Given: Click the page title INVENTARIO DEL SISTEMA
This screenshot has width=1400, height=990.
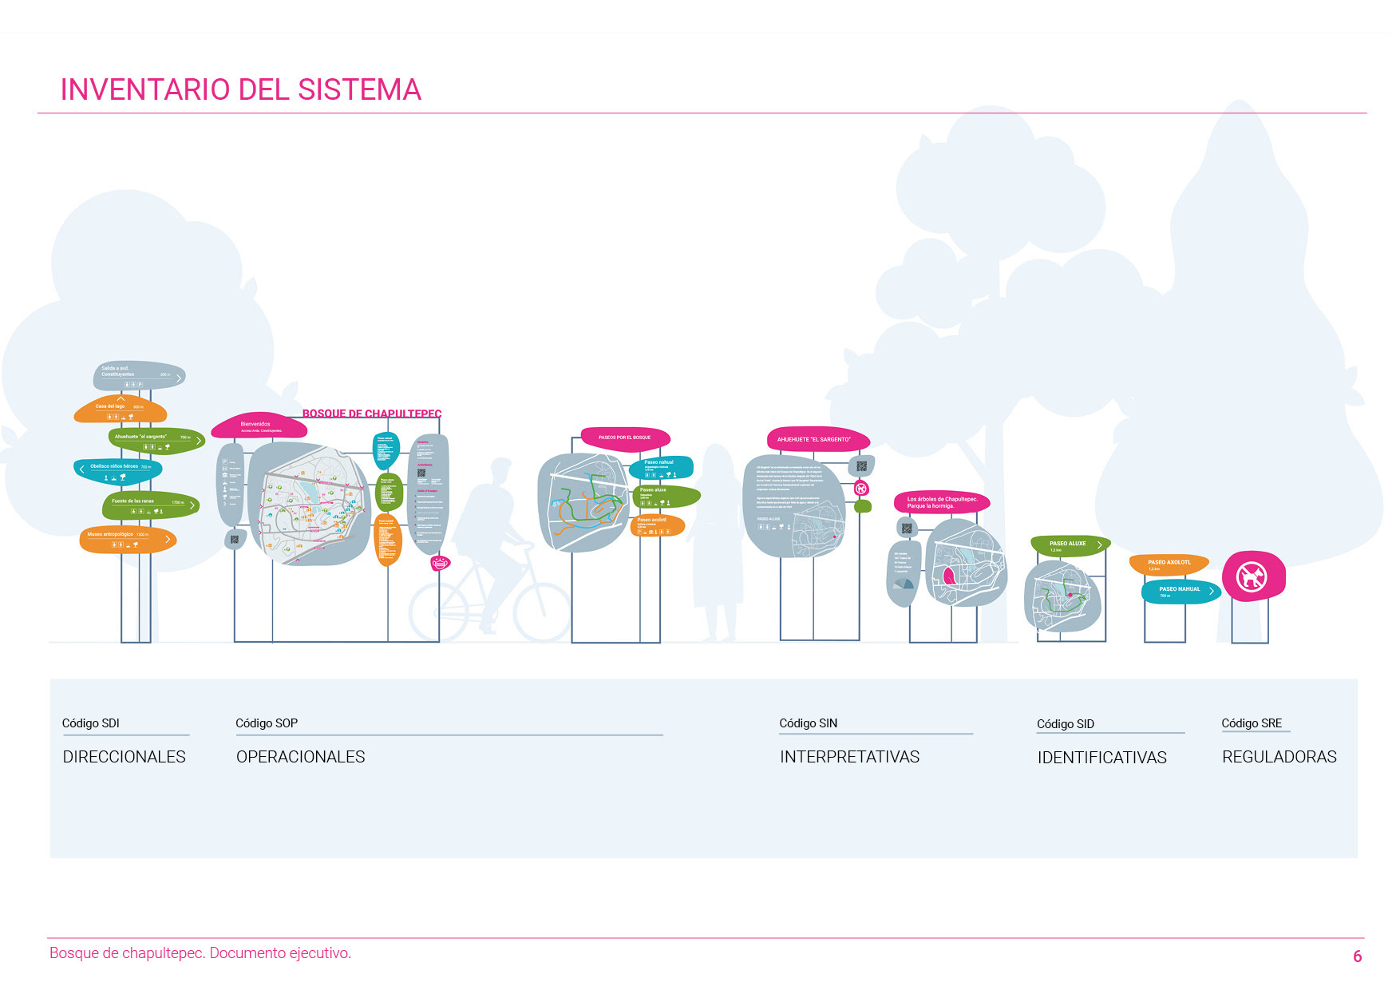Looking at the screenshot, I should pos(240,89).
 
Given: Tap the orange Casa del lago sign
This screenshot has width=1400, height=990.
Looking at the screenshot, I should pos(121,410).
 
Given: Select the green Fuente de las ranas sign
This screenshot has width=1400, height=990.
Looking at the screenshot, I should pos(150,505).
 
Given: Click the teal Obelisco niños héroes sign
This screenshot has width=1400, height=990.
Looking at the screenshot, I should pos(118,470).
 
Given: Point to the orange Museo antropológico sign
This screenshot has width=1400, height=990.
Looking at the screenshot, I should pos(128,540).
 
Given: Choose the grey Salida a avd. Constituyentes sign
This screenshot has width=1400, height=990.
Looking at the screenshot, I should pos(139,375).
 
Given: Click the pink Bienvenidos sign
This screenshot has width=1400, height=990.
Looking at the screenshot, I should pos(259,426).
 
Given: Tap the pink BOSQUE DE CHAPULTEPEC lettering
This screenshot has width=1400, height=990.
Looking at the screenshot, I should pos(371,414).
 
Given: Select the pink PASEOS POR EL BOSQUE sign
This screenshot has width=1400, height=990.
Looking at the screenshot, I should pos(625,438).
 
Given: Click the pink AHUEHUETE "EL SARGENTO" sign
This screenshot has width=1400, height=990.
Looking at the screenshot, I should pos(817,439).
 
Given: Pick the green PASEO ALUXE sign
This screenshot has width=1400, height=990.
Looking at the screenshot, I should pos(1070,545).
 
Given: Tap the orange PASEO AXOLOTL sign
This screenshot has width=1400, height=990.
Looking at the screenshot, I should pos(1169,564).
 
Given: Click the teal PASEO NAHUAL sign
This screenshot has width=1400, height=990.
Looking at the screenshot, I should pos(1180,591).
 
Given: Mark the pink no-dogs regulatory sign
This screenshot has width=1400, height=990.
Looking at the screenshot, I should pos(1252,576).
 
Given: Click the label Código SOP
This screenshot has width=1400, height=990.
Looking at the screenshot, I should pos(267,723).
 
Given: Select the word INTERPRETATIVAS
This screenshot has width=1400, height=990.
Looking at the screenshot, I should pos(849,757).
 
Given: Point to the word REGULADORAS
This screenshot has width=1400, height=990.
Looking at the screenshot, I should pos(1279,757).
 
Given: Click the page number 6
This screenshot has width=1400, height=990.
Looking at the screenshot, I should pos(1357,956).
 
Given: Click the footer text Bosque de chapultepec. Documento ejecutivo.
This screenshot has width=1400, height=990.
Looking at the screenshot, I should pos(200,953).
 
